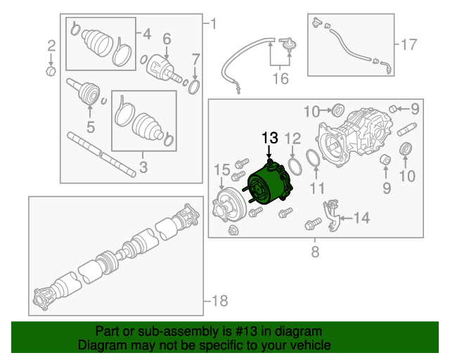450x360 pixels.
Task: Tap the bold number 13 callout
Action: (x=271, y=138)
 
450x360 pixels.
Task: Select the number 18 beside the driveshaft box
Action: (x=219, y=301)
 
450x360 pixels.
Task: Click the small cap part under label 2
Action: (x=51, y=71)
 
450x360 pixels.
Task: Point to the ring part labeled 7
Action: (x=194, y=86)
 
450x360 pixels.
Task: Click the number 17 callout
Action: (x=409, y=44)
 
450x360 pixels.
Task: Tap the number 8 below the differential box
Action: (x=315, y=251)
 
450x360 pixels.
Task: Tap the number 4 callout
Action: (x=147, y=33)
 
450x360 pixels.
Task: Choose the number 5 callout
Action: (x=90, y=127)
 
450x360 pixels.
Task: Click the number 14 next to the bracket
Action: (x=361, y=219)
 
